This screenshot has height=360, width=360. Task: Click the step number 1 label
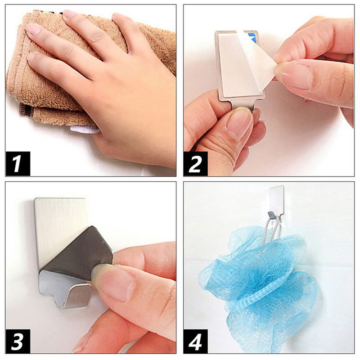click(18, 164)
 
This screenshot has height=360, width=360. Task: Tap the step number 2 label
click(196, 164)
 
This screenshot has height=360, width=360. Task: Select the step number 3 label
click(18, 341)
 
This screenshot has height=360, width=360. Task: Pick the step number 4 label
click(196, 341)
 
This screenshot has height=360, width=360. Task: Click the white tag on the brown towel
click(85, 130)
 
